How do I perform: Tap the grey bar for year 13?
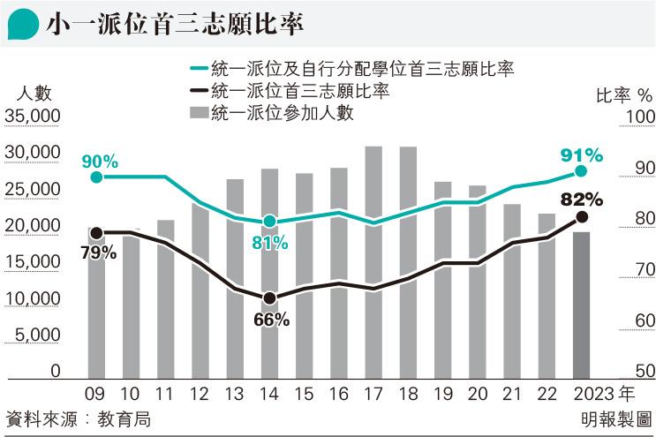pos(235,279)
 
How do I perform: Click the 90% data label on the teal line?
pos(100,161)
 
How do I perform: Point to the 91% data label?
pos(582,155)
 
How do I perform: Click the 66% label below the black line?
pos(271,320)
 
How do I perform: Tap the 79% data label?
pos(98,252)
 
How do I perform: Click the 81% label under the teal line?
pos(270,243)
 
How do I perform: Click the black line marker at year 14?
pos(270,298)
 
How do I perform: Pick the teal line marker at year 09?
pos(97,177)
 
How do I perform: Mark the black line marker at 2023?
pos(581,216)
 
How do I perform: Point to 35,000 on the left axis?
pos(32,117)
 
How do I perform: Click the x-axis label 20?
pos(477,394)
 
